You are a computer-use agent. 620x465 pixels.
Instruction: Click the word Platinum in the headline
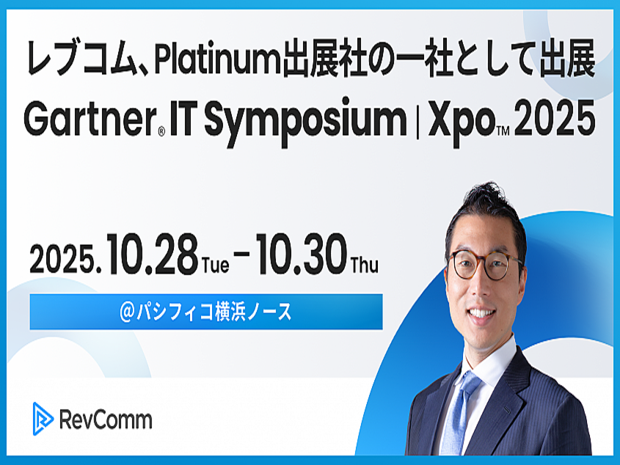click(216, 62)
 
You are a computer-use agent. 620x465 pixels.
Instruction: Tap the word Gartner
click(90, 118)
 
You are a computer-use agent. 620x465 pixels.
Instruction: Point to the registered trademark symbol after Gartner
click(161, 131)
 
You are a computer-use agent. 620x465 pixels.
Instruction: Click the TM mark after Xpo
click(503, 131)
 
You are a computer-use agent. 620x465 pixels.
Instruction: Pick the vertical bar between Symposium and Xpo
click(417, 120)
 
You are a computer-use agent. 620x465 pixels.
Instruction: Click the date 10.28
click(152, 255)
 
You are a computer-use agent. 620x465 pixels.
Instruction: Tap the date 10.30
click(302, 255)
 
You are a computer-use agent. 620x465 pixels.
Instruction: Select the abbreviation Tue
click(216, 265)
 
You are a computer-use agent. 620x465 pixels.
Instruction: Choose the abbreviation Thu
click(365, 265)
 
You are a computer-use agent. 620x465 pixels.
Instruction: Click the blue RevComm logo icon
click(43, 419)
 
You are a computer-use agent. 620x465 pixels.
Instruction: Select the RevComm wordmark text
click(106, 420)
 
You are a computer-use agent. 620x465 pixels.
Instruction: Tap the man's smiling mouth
click(480, 313)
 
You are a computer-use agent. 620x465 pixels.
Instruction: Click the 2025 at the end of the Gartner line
click(555, 118)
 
